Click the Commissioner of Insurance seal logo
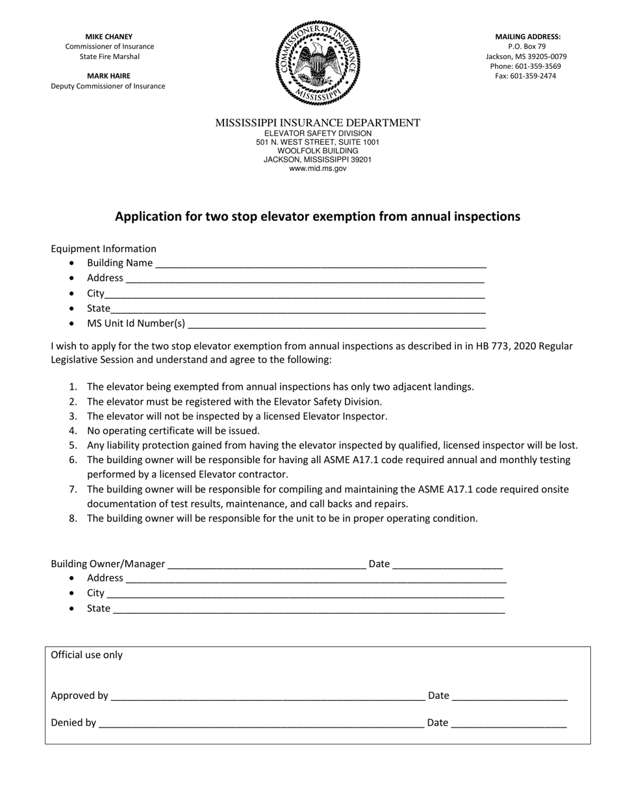pos(318,62)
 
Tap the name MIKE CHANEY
pos(109,37)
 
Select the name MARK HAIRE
pos(109,76)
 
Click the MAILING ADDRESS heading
pos(527,37)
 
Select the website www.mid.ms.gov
pos(318,168)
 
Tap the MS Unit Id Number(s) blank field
pos(336,324)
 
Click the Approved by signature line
pos(268,696)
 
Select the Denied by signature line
pos(261,723)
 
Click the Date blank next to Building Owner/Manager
pos(447,564)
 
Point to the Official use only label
pos(87,655)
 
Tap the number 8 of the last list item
pos(72,518)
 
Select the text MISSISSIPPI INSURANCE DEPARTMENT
pos(318,123)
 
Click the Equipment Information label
pos(104,249)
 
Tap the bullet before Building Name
pos(71,263)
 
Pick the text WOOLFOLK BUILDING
pos(318,151)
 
